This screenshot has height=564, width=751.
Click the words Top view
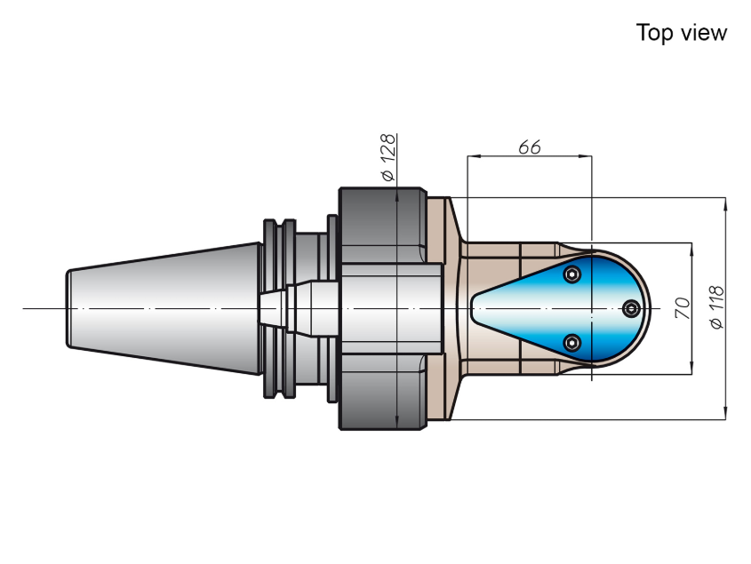(x=681, y=33)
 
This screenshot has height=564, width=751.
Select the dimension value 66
(x=529, y=147)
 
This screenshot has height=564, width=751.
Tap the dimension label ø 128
(x=388, y=157)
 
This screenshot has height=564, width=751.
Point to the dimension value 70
(x=683, y=308)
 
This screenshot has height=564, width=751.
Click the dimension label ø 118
(x=717, y=308)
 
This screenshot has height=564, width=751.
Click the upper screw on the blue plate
(x=571, y=274)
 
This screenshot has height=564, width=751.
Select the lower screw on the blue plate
(x=571, y=343)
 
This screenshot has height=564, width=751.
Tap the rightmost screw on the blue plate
(x=631, y=308)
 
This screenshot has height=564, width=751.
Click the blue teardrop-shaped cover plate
(x=561, y=308)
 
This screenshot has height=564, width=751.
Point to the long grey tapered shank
(x=164, y=308)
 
